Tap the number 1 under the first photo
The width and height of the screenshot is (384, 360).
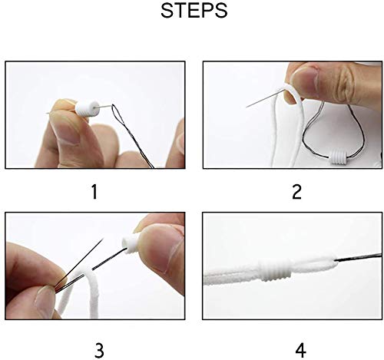point(94,191)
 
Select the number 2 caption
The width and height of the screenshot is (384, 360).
point(296,191)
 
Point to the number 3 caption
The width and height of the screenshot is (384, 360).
point(99,350)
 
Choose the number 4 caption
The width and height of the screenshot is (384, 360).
point(300,350)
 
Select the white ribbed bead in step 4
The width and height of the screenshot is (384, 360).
point(283,271)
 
